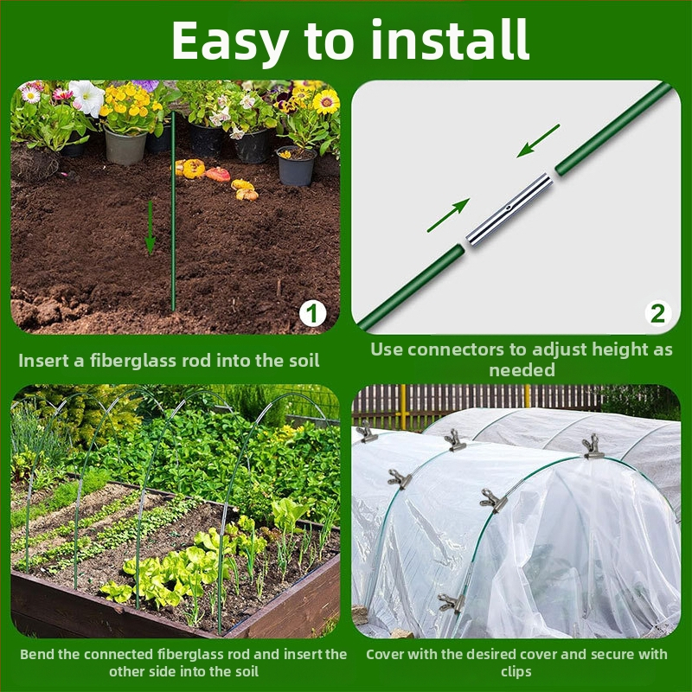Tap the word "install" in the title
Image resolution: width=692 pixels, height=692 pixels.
(x=450, y=39)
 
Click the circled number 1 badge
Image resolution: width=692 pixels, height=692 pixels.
(x=312, y=314)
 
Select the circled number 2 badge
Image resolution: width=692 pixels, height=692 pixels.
(x=658, y=314)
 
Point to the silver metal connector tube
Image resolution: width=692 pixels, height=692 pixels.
(x=509, y=208)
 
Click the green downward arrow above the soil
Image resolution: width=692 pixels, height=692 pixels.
(x=150, y=227)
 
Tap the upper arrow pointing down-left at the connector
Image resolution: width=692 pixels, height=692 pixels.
(x=538, y=141)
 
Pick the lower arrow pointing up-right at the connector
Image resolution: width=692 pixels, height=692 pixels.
(x=448, y=215)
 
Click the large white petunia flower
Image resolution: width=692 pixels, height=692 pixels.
(x=87, y=98)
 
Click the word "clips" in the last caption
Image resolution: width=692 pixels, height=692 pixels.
(x=516, y=672)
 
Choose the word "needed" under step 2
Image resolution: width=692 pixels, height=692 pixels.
(x=522, y=370)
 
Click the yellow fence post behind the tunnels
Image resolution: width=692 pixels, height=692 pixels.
(x=403, y=407)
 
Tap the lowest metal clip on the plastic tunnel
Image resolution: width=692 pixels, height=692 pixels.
(x=451, y=603)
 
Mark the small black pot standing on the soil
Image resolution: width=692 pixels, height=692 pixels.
(x=296, y=166)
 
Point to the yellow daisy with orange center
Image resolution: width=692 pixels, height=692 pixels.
(x=326, y=102)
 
